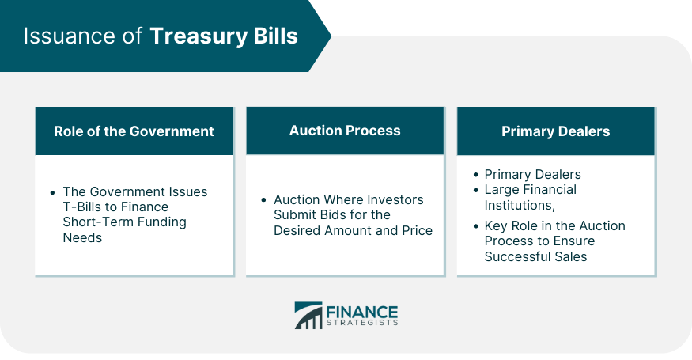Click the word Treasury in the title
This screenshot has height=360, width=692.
click(x=199, y=36)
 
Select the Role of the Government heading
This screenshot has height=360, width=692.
click(x=134, y=131)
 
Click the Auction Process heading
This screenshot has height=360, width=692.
click(x=345, y=131)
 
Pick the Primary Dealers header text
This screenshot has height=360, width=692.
click(x=556, y=131)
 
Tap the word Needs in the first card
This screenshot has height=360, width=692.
click(x=82, y=237)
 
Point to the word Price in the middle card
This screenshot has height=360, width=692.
click(x=417, y=230)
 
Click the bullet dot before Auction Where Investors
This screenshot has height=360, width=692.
click(x=264, y=200)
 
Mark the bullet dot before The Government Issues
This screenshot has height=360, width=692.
click(x=53, y=192)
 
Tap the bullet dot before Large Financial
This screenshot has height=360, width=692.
click(x=475, y=191)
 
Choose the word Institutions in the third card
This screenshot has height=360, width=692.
click(x=520, y=206)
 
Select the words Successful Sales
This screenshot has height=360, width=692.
click(x=535, y=256)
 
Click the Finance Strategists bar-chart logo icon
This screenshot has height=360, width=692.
click(x=308, y=316)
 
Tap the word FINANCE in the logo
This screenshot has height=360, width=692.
click(x=362, y=312)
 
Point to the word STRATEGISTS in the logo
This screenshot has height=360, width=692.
click(x=362, y=323)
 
